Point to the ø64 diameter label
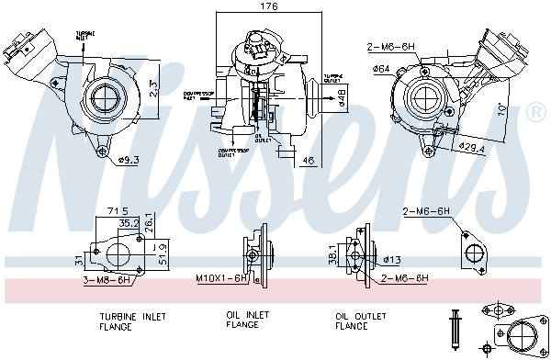(380, 67)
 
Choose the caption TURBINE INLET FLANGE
(132, 321)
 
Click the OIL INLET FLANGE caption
(248, 320)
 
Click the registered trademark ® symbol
(534, 112)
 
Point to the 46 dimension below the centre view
(308, 161)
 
